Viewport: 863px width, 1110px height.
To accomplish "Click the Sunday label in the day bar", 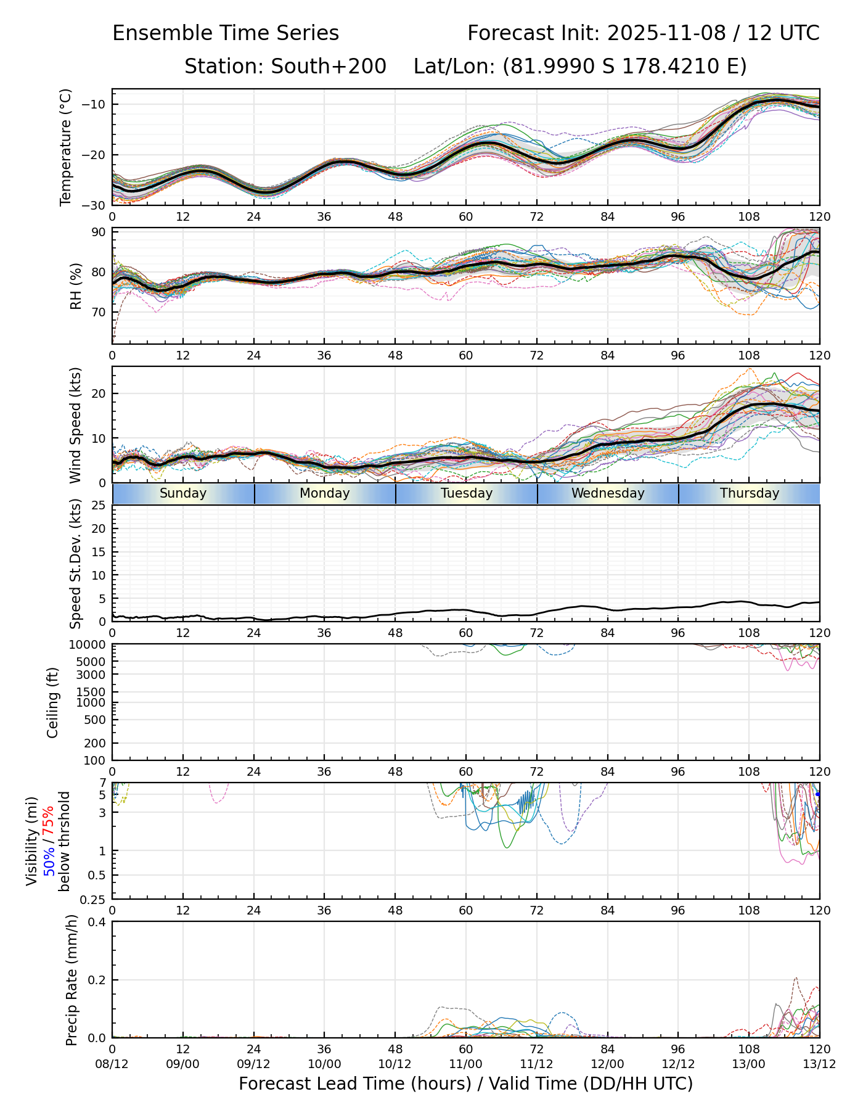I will click(x=183, y=493).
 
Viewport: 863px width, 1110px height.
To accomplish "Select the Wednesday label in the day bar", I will click(x=608, y=493).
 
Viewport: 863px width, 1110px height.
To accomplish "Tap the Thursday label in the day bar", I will click(x=750, y=493).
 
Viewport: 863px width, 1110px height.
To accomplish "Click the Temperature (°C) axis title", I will click(x=66, y=147).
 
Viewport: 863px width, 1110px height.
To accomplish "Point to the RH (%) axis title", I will click(x=76, y=286).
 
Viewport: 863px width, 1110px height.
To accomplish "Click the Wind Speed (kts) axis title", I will click(x=75, y=425).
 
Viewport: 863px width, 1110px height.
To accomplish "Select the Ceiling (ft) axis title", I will click(x=53, y=702).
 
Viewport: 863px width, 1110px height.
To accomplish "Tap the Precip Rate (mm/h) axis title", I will click(x=72, y=980).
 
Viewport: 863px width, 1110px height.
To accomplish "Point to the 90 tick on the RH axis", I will click(x=99, y=232).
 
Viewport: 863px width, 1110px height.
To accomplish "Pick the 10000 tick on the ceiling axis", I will click(x=88, y=645).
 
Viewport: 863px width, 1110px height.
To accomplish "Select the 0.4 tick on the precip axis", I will click(x=97, y=922).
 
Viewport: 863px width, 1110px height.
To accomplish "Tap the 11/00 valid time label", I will click(x=466, y=1064).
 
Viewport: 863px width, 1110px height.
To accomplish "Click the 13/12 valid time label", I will click(x=820, y=1064).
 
